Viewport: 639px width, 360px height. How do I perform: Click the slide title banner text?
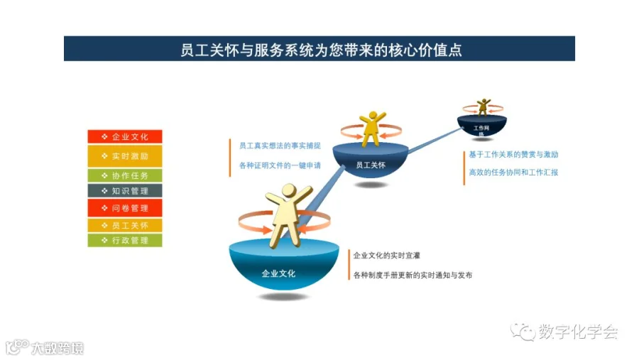coord(319,50)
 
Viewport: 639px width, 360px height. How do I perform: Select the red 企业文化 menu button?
coord(125,136)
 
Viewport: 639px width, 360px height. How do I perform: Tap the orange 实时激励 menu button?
coord(125,156)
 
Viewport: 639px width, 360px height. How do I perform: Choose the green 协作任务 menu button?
coord(125,175)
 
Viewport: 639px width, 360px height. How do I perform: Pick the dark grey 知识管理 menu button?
coord(125,190)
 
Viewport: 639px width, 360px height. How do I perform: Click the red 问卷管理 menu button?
coord(125,208)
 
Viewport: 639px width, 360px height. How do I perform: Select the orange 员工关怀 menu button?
coord(125,225)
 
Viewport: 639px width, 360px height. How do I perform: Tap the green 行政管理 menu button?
coord(125,241)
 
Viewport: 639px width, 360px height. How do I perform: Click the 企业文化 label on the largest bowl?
coord(278,273)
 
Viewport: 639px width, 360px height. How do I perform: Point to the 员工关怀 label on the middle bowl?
coord(369,165)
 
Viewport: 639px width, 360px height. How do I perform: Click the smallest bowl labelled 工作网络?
coord(482,128)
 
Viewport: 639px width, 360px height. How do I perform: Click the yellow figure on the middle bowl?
coord(371,128)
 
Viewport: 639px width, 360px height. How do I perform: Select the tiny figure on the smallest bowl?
coord(483,107)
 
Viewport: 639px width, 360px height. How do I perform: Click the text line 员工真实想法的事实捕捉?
coord(280,146)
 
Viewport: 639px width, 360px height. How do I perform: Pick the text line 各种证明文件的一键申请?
coord(280,165)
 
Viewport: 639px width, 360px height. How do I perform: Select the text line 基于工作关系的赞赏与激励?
coord(513,154)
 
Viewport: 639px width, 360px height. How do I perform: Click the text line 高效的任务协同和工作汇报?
coord(513,172)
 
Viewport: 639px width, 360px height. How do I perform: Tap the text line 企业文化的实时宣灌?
coord(392,255)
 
